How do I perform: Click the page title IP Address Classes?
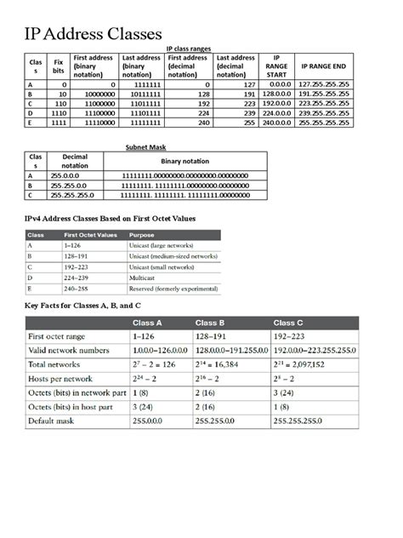tap(92, 34)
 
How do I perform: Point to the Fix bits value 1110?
tap(58, 112)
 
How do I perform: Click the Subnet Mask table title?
tap(145, 146)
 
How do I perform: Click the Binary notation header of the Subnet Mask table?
tap(184, 161)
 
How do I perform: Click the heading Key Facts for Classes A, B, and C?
tap(83, 305)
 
